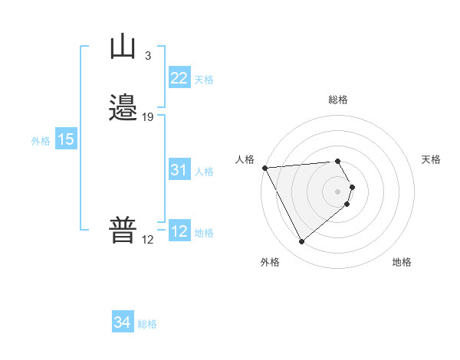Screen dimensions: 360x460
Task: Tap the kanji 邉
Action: (x=123, y=108)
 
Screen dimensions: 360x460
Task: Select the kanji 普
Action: (x=123, y=230)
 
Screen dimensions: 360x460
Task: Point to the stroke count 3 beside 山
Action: (x=147, y=55)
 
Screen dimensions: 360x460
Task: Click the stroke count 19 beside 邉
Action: (x=148, y=117)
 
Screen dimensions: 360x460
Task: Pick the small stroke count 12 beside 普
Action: (x=147, y=240)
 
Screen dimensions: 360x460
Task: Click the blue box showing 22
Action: (x=179, y=78)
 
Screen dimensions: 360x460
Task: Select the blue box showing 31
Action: (x=179, y=171)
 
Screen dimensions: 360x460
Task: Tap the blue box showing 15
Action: (x=66, y=139)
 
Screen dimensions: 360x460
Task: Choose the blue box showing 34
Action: (x=122, y=322)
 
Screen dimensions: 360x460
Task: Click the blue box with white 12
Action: (x=179, y=231)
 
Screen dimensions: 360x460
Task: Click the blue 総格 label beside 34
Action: (x=147, y=324)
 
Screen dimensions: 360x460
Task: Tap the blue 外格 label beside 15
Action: (x=41, y=141)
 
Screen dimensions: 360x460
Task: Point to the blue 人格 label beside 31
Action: (x=205, y=172)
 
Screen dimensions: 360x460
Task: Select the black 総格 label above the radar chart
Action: (x=338, y=100)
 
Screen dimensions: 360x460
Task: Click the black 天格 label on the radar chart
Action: (x=432, y=159)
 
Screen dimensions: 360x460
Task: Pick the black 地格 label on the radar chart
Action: (x=402, y=262)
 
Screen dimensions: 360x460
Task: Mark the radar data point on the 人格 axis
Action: (x=264, y=168)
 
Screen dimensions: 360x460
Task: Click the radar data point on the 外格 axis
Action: (x=301, y=242)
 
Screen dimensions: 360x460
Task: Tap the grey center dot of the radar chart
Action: (x=338, y=191)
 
